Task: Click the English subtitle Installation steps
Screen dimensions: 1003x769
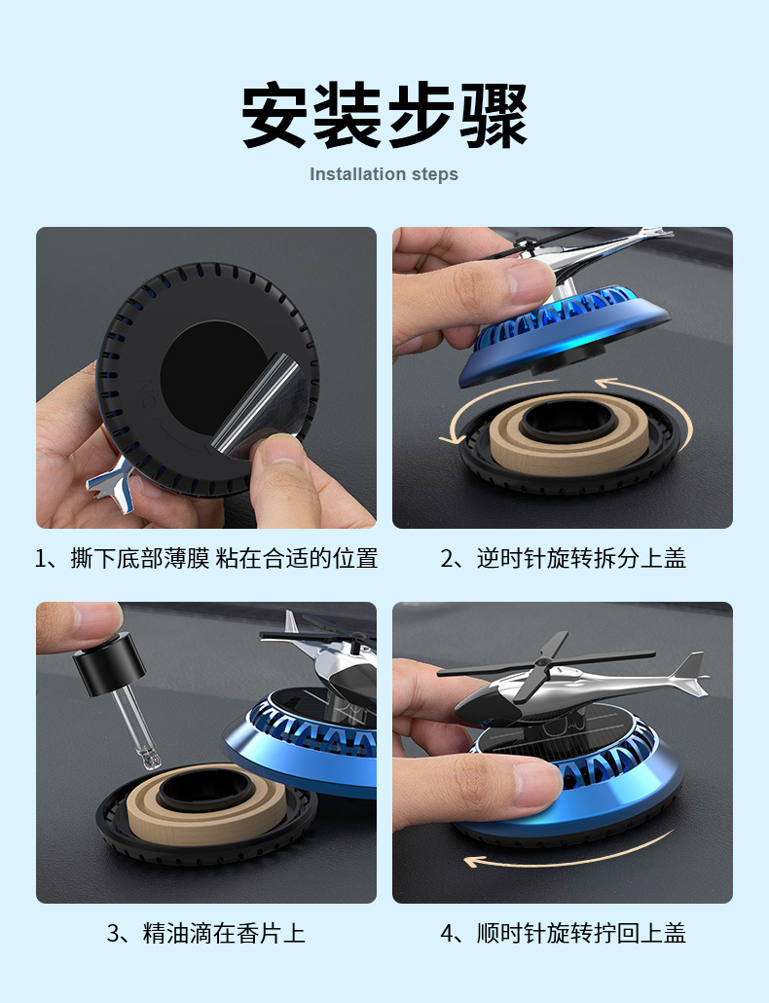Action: coord(384,174)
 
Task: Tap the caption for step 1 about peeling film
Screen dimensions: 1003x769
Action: coord(205,558)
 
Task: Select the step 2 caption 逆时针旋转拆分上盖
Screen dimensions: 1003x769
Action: coord(563,558)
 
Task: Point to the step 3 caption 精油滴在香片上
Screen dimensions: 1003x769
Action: coord(205,933)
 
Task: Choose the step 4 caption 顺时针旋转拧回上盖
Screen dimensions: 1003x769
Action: coord(563,933)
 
